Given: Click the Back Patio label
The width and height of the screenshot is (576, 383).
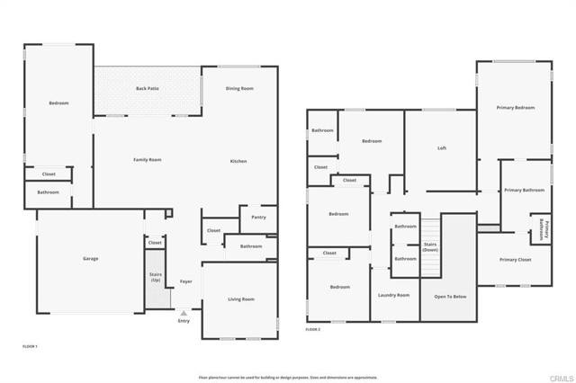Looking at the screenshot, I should click(x=148, y=88).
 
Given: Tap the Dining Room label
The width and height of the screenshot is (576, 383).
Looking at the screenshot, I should click(x=239, y=88).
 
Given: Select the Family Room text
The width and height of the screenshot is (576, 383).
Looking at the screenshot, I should click(x=147, y=160).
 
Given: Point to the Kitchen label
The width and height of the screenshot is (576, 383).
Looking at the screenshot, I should click(x=238, y=161).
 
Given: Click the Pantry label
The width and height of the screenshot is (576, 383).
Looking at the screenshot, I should click(x=258, y=217).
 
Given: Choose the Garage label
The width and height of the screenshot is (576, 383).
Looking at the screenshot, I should click(x=91, y=259).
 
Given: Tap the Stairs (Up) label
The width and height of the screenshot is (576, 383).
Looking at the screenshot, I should click(x=155, y=278).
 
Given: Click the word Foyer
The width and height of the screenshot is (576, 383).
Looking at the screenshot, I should click(x=186, y=281).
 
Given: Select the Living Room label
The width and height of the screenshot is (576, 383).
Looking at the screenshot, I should click(x=240, y=298).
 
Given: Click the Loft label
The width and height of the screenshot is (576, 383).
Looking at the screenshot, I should click(x=442, y=148).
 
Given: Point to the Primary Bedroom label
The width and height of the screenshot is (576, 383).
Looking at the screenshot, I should click(x=516, y=107).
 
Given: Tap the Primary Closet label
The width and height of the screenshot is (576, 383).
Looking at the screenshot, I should click(x=517, y=260).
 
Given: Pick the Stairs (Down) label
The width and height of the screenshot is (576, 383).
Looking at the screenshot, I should click(x=430, y=245).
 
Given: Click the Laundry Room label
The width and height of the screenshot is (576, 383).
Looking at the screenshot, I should click(x=394, y=295).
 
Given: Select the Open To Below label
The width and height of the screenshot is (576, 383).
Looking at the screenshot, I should click(x=450, y=295).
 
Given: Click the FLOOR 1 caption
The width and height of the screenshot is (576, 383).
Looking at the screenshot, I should click(x=31, y=345).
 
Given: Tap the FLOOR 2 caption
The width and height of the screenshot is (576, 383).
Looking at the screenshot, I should click(x=313, y=330).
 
